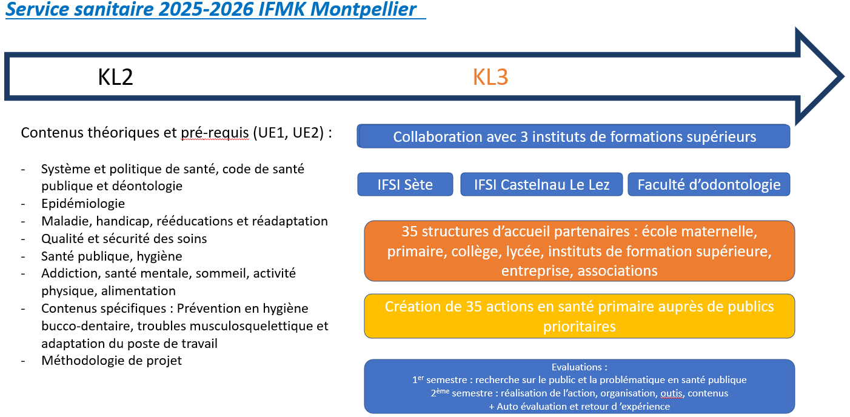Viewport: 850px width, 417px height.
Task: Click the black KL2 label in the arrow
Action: [115, 78]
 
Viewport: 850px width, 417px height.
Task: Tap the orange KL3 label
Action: [490, 78]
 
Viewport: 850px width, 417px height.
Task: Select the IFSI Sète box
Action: [405, 184]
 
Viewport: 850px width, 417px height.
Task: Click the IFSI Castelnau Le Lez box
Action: [541, 184]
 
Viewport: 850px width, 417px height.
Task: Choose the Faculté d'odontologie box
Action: [709, 184]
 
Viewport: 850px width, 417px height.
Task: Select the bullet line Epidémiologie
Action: [83, 204]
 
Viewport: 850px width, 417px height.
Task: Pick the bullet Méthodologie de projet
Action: [112, 361]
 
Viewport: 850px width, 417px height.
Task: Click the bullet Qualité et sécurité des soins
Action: [124, 239]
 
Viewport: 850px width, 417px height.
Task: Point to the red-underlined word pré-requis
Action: [215, 133]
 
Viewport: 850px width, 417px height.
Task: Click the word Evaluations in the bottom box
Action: [579, 367]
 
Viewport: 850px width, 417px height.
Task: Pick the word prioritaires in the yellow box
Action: [579, 327]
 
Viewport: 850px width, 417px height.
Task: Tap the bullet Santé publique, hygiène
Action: [112, 256]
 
